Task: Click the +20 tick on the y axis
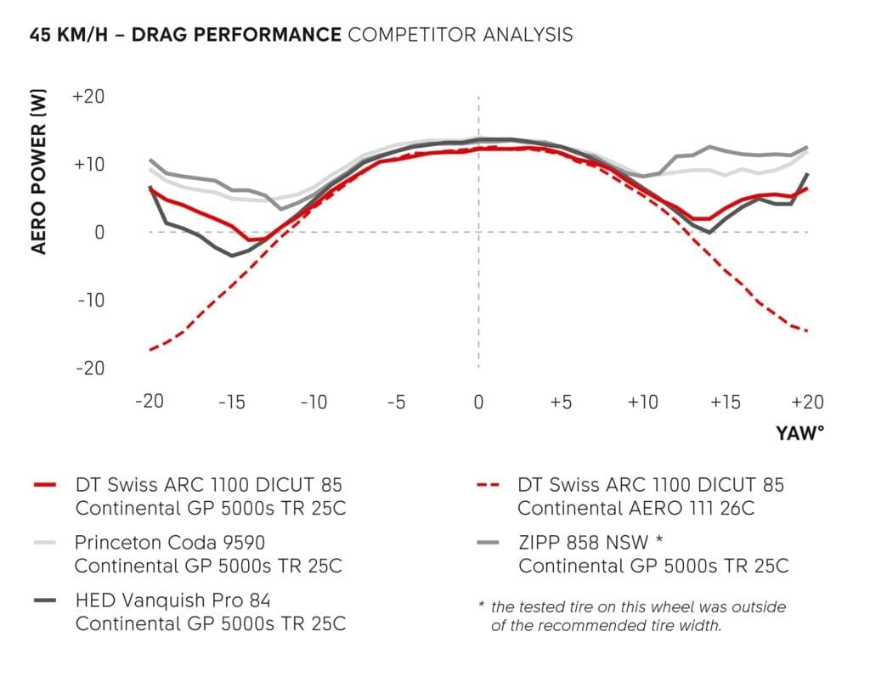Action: click(88, 96)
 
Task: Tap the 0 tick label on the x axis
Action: click(478, 402)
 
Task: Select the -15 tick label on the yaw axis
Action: click(232, 402)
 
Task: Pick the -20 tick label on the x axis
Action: click(150, 402)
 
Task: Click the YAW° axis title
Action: click(799, 433)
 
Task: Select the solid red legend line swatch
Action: click(46, 485)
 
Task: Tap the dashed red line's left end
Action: click(150, 349)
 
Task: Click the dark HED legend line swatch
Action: click(46, 600)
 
